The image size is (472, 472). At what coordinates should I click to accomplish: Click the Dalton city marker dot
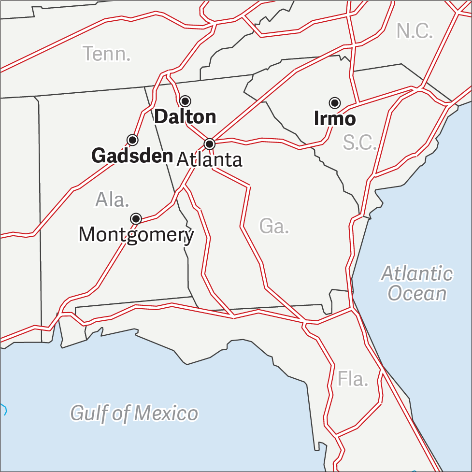pos(185,101)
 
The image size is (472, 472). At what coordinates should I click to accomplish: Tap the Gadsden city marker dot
pos(132,140)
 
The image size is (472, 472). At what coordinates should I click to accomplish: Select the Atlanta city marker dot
pos(210,143)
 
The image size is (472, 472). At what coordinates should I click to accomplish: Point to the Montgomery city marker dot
pos(136,219)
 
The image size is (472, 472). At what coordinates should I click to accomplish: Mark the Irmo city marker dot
pos(335,103)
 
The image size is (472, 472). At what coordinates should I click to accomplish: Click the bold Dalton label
pos(185,117)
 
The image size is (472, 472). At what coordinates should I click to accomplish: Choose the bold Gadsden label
pos(132,156)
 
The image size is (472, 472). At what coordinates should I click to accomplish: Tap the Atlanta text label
pos(209,159)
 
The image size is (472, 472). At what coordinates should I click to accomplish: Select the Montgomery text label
pos(136,235)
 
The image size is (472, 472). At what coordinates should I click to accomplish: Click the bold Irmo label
pos(335,119)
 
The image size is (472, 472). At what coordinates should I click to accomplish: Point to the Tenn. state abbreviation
pos(106,54)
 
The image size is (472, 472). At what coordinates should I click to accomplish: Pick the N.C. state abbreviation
pos(415,31)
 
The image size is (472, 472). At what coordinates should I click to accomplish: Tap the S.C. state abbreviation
pos(359,142)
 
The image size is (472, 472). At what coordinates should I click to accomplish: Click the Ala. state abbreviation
pos(112,200)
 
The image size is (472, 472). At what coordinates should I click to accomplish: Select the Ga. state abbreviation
pos(274,226)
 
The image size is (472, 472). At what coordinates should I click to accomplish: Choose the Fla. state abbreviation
pos(353,379)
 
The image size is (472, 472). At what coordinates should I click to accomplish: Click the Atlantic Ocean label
pos(417,284)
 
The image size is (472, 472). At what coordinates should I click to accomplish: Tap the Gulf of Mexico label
pos(134,413)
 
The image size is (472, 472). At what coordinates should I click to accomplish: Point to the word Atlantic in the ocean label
pos(417,274)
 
